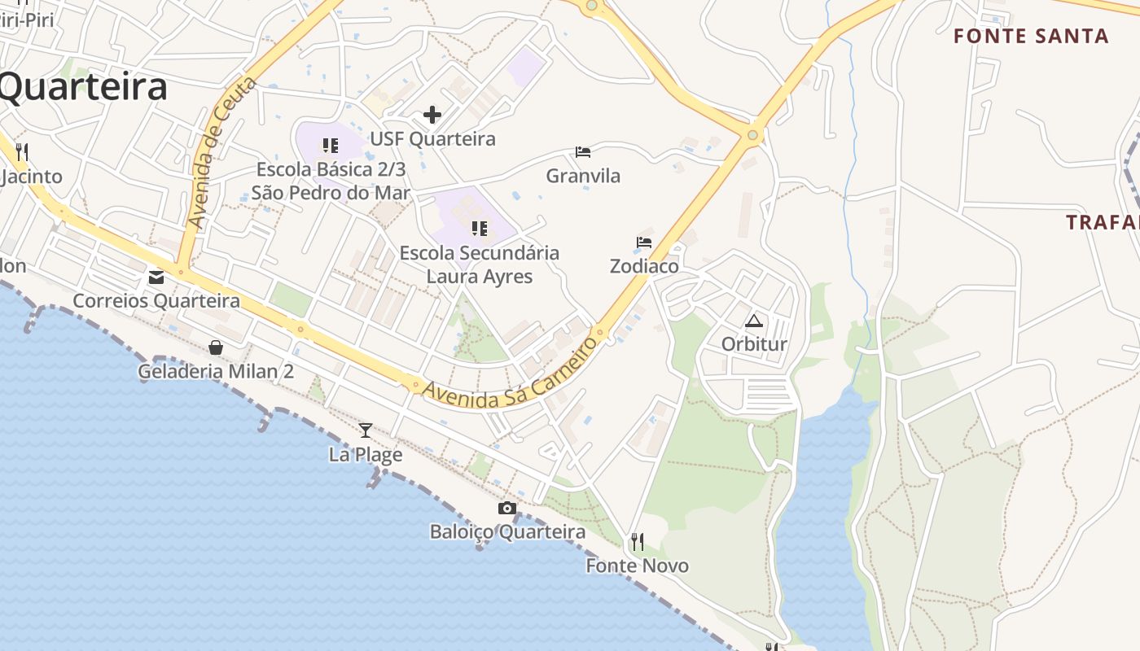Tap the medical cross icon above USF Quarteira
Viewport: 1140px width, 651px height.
pyautogui.click(x=432, y=115)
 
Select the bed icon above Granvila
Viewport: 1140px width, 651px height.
pyautogui.click(x=583, y=152)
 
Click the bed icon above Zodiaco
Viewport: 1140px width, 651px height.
pyautogui.click(x=644, y=242)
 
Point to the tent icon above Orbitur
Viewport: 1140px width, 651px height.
pyautogui.click(x=754, y=321)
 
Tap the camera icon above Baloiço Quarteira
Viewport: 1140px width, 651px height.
pyautogui.click(x=506, y=509)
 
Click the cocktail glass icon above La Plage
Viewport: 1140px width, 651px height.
pyautogui.click(x=366, y=430)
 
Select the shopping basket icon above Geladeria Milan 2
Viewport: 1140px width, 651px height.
pyautogui.click(x=216, y=348)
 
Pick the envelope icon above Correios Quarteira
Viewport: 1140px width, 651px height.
pyautogui.click(x=156, y=277)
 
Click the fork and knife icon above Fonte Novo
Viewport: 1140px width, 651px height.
pyautogui.click(x=638, y=541)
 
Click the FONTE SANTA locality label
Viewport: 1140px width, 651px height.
pyautogui.click(x=1031, y=36)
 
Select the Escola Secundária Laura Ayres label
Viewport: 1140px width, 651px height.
pyautogui.click(x=480, y=264)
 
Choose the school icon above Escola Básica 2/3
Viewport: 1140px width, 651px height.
pyautogui.click(x=330, y=146)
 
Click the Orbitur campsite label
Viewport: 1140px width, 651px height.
pyautogui.click(x=754, y=344)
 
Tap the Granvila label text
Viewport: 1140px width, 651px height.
pyautogui.click(x=583, y=176)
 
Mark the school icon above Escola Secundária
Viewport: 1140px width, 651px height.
pyautogui.click(x=480, y=229)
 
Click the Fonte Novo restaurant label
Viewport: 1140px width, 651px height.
pyautogui.click(x=638, y=566)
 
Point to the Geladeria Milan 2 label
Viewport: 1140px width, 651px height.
pyautogui.click(x=216, y=372)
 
